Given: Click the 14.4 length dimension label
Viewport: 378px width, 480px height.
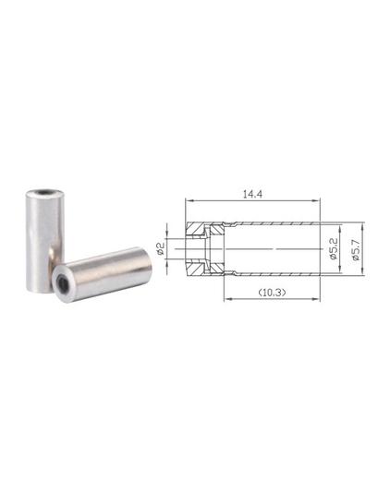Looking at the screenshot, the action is point(252,195).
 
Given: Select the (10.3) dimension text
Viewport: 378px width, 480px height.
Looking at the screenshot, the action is point(272,293).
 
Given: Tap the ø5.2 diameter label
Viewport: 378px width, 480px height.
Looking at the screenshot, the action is point(334,248).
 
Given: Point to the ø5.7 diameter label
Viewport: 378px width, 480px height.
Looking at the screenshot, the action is point(356,249).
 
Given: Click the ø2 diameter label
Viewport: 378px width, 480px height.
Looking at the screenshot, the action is point(161,248).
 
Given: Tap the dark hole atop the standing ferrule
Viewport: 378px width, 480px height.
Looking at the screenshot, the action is point(45,192).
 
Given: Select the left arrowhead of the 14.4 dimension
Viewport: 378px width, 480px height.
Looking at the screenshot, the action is point(189,201).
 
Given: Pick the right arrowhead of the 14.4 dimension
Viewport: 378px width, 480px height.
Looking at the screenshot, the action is point(316,201).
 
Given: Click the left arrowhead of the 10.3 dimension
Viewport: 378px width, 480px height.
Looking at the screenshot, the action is point(227,298).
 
